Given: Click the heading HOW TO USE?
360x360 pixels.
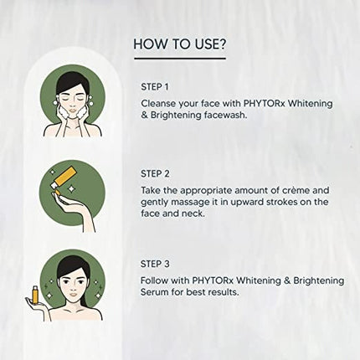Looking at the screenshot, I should coord(179,44).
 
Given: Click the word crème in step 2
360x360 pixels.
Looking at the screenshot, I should coord(267,192).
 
